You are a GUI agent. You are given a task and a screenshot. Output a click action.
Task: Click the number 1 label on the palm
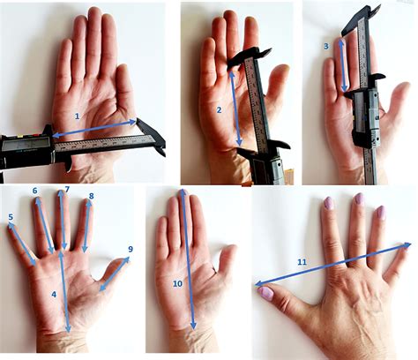77,116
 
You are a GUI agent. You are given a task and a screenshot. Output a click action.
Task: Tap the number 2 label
219,110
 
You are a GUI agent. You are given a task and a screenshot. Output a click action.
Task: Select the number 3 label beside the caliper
326,46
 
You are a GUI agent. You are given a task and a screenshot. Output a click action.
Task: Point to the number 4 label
54,294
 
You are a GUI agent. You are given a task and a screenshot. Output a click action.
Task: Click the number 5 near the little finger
11,217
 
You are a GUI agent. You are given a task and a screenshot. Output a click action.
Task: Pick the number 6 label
35,191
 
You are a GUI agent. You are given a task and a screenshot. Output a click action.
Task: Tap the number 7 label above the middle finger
67,189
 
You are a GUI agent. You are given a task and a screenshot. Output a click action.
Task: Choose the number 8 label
91,196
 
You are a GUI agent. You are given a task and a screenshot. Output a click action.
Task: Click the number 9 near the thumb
131,249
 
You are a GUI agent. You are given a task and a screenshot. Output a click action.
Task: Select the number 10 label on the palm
177,283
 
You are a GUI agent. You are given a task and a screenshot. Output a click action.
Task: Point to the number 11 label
302,262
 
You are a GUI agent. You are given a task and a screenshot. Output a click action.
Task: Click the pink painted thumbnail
266,294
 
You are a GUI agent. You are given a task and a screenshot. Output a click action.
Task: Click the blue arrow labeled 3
343,65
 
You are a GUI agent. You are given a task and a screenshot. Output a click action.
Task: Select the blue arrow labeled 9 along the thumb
115,274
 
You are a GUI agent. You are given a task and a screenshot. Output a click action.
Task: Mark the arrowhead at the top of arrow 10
183,193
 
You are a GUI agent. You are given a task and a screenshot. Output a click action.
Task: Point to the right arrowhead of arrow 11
407,244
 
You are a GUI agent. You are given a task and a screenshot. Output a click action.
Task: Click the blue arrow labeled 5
22,244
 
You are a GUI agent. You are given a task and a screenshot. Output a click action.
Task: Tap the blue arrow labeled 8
87,226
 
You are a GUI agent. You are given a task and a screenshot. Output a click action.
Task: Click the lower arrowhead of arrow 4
68,328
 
